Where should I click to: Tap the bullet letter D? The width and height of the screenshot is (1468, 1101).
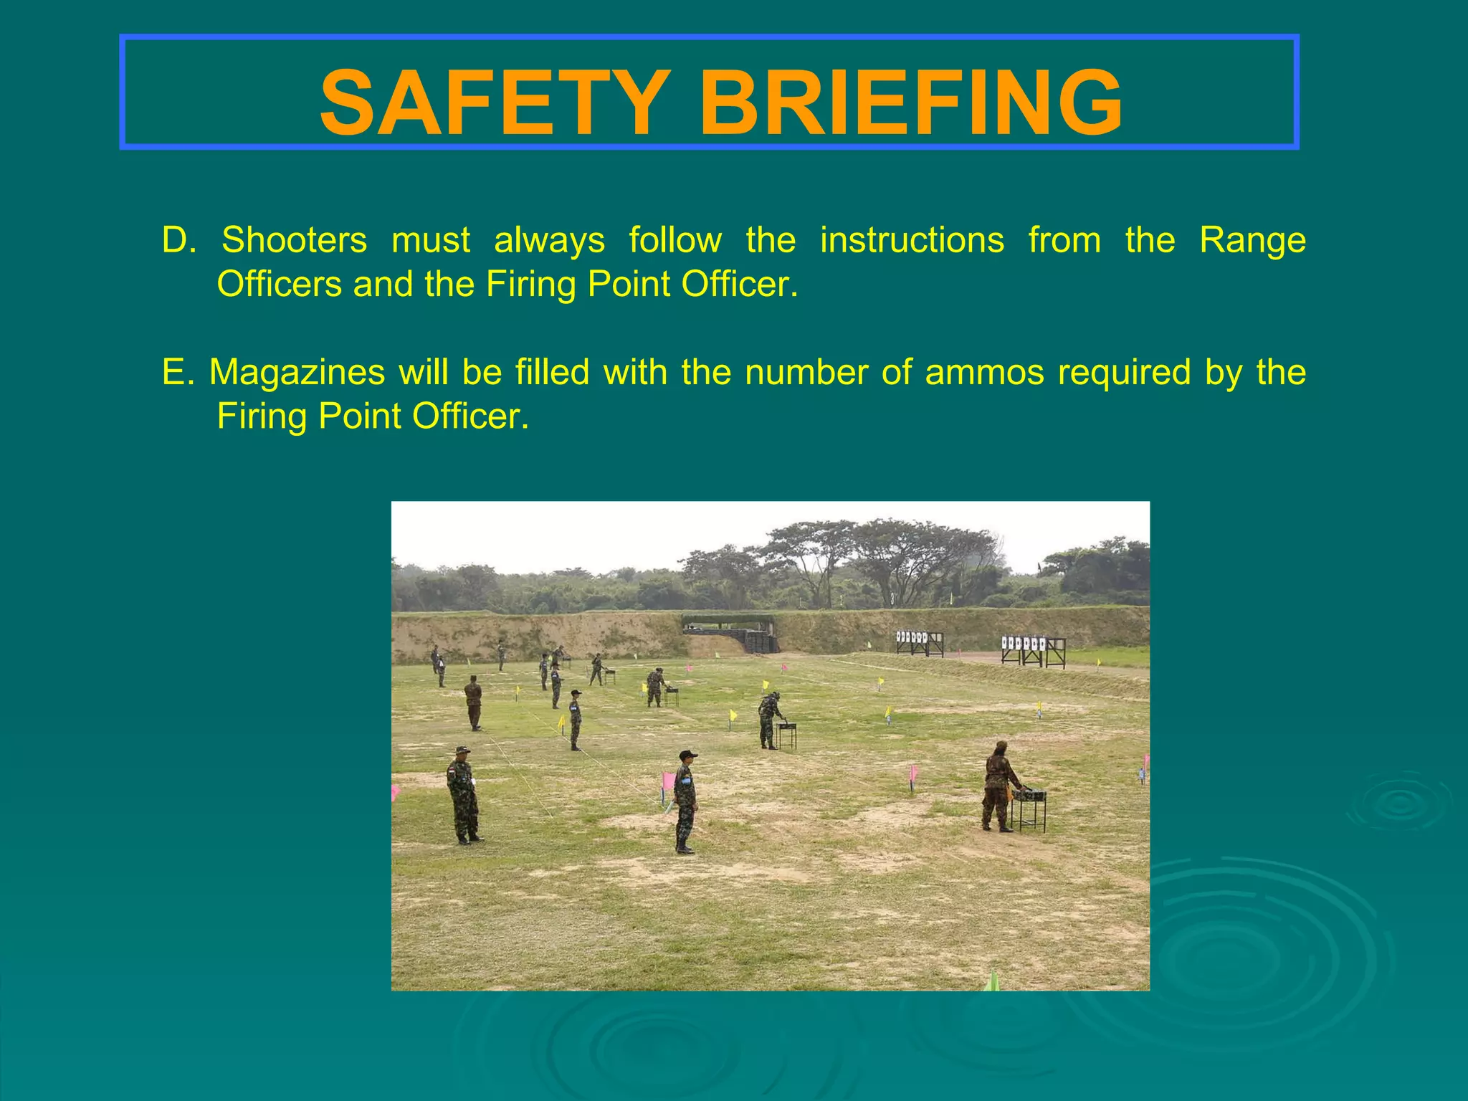(x=177, y=240)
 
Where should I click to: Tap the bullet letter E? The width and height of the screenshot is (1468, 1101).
(x=176, y=372)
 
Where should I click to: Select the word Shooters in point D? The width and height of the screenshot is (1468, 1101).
(x=294, y=240)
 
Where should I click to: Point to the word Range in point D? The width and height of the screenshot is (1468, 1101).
(x=1252, y=240)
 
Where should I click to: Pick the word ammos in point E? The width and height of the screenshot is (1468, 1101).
(x=984, y=372)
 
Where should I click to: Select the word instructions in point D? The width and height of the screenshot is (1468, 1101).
(x=912, y=240)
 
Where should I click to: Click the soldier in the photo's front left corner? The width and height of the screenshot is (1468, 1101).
(x=463, y=794)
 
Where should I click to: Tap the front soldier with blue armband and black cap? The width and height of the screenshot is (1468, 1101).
(x=685, y=801)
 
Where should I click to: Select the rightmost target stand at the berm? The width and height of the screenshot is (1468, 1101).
(x=1033, y=650)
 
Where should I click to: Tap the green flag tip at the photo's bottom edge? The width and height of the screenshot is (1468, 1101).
(x=993, y=981)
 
